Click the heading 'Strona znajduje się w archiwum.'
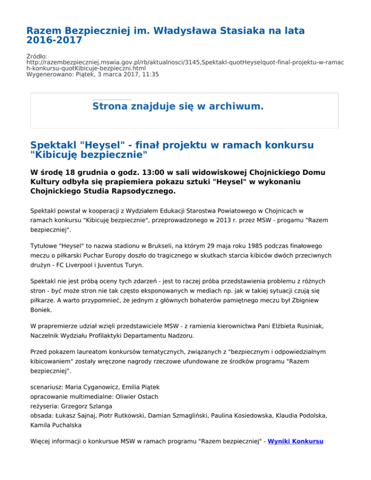178,106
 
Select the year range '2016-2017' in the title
54,41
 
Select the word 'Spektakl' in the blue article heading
53,145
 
